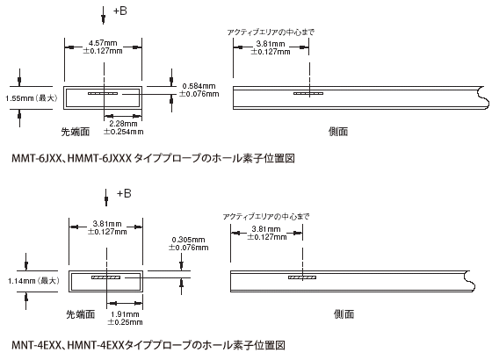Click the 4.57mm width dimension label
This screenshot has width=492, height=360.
point(103,43)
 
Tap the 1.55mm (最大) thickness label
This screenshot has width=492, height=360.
point(32,98)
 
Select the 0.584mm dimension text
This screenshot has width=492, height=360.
point(199,86)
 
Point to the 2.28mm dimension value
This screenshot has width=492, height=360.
point(123,124)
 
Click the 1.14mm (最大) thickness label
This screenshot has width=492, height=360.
point(33,281)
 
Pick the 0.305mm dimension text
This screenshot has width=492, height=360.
point(188,240)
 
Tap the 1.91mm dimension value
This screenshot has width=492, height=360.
point(125,314)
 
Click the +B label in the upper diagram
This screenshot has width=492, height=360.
point(119,11)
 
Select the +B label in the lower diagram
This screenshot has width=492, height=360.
point(124,193)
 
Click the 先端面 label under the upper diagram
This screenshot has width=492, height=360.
point(76,132)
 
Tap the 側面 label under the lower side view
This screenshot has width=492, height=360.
point(344,314)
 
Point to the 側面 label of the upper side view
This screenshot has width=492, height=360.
point(338,132)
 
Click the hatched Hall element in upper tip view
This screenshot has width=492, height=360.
point(103,93)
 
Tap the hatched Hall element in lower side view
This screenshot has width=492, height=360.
point(302,277)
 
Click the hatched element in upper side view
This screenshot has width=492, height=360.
point(308,93)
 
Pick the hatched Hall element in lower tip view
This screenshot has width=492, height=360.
point(106,277)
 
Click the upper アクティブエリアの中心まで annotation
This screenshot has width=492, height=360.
point(271,32)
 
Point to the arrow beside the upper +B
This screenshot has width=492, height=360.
point(104,16)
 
